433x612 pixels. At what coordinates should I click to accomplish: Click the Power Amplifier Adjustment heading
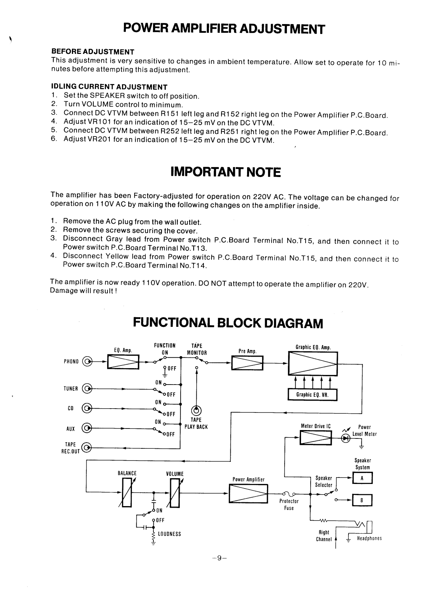click(x=224, y=28)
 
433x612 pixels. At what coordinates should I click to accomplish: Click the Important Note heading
click(x=225, y=172)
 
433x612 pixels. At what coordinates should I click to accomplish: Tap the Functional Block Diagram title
click(x=228, y=323)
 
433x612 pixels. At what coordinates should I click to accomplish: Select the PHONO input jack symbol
click(x=88, y=361)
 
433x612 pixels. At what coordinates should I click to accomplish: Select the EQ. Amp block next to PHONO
click(x=123, y=361)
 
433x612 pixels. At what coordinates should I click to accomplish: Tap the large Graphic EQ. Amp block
click(x=313, y=363)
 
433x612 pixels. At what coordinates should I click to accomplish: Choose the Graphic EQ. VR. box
click(x=313, y=395)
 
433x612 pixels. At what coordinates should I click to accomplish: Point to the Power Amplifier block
click(x=248, y=493)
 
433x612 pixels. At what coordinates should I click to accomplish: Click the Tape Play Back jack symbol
click(x=197, y=411)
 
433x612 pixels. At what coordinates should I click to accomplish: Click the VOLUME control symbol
click(x=175, y=493)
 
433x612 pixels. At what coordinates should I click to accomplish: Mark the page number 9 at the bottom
click(x=219, y=558)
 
